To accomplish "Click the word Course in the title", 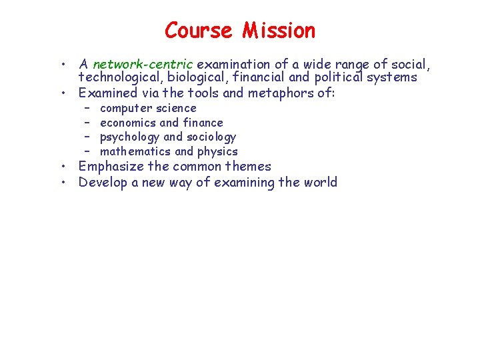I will pyautogui.click(x=198, y=31).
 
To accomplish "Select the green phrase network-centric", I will pyautogui.click(x=143, y=65).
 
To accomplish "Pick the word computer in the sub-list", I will pyautogui.click(x=126, y=109).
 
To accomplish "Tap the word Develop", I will pyautogui.click(x=103, y=183).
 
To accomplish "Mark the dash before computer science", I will pyautogui.click(x=87, y=109).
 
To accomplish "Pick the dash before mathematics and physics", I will pyautogui.click(x=87, y=151).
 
